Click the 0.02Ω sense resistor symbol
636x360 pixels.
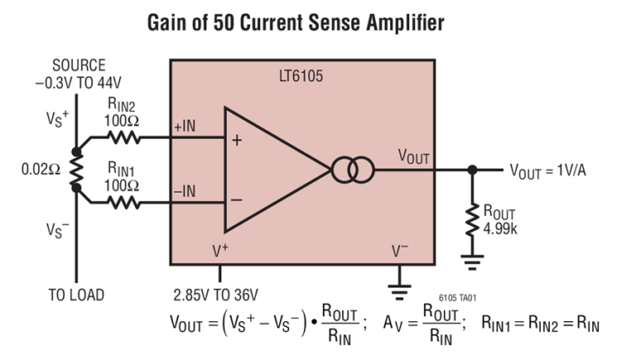click(77, 170)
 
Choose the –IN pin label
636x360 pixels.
click(185, 190)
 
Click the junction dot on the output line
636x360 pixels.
click(472, 170)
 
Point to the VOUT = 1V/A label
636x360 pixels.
click(554, 170)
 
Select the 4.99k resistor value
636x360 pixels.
click(500, 229)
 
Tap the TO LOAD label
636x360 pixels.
click(77, 295)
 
